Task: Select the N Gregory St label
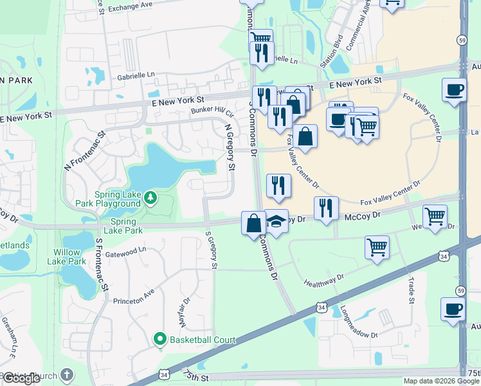point(229,148)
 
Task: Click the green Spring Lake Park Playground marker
point(150,197)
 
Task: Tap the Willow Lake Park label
point(67,257)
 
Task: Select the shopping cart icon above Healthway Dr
point(377,246)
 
